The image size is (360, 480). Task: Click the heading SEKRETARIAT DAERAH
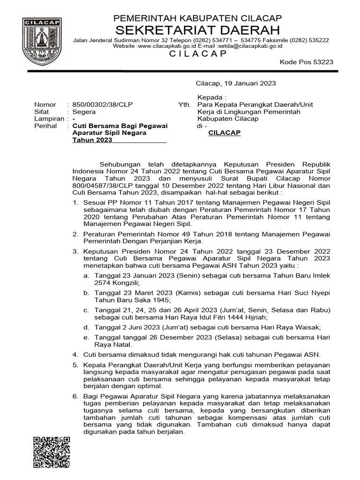coord(198,30)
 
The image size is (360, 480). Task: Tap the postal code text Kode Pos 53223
coord(313,62)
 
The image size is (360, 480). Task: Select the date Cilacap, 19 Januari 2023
coord(235,83)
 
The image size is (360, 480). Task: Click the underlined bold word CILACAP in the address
coord(224,133)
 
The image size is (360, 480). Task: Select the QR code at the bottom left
coord(52,451)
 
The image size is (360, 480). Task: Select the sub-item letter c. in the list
coord(86,310)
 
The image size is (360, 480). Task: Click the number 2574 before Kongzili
coord(103,284)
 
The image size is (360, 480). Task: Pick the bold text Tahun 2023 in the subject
coord(89,140)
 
